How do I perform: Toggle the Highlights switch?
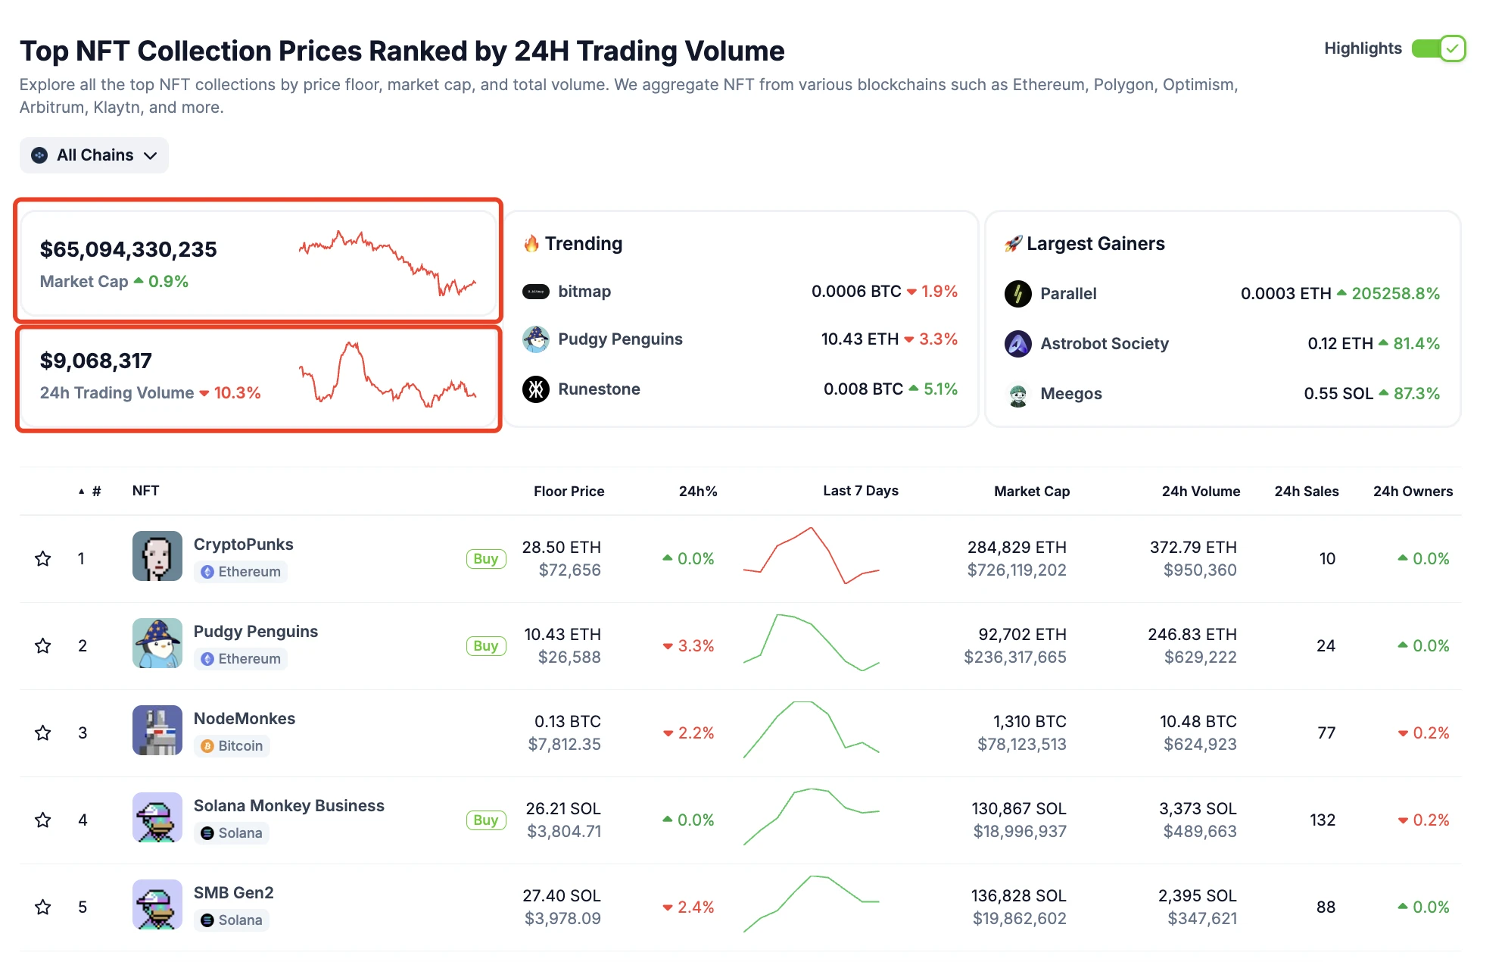[1438, 48]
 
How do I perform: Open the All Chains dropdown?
[94, 155]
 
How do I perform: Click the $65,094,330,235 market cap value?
[129, 249]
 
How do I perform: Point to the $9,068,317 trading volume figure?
[96, 361]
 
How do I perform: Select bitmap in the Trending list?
[584, 292]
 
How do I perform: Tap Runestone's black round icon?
[536, 389]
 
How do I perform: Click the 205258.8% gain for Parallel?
[1395, 294]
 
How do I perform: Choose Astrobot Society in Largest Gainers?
[1104, 344]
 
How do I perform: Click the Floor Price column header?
[569, 491]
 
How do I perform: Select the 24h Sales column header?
[1306, 491]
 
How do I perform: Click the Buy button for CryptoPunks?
[486, 559]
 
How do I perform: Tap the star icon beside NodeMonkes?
[43, 733]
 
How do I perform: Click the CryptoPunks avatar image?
[157, 556]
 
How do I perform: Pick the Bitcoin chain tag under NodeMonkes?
[232, 746]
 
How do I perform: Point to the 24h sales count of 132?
[1323, 820]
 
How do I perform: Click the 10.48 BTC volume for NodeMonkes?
[1198, 722]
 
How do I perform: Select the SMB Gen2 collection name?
[233, 893]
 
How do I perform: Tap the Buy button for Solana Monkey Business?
[486, 820]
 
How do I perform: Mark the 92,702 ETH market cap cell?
[1022, 635]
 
